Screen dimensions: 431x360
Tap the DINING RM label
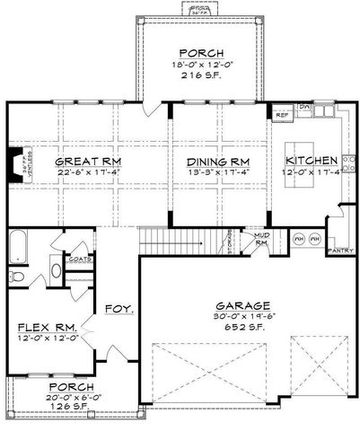coord(211,161)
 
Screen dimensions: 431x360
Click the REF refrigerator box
coord(280,116)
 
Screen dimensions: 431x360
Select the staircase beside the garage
coord(180,240)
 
